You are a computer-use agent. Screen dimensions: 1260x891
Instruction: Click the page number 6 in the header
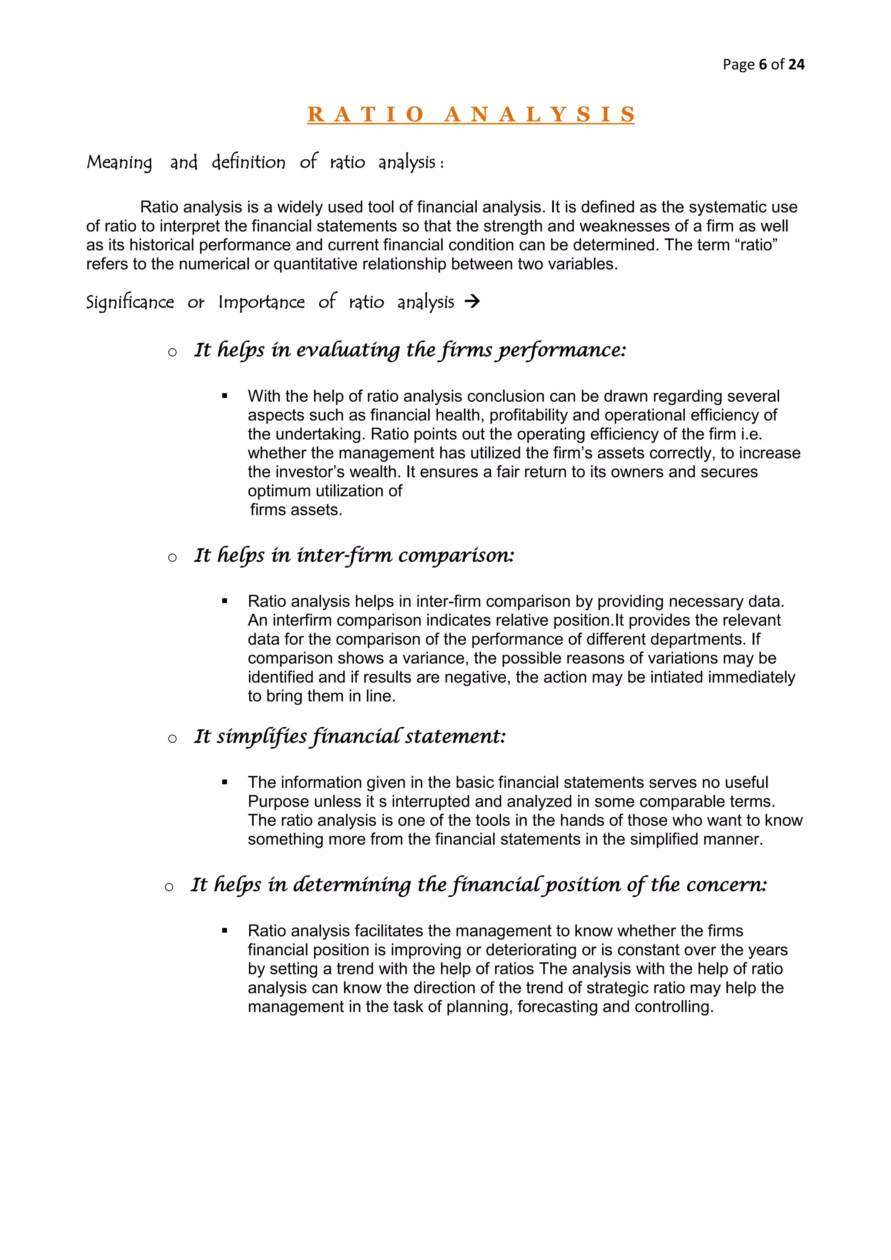click(x=763, y=65)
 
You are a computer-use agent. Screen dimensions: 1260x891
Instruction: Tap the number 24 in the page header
click(x=796, y=65)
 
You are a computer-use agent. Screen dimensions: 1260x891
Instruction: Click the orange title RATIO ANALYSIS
click(x=471, y=114)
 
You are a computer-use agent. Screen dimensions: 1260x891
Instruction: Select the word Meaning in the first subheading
click(x=119, y=162)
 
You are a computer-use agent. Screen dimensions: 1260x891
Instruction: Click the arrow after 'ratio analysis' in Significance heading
click(x=472, y=301)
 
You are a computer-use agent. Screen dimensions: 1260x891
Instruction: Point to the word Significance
click(x=130, y=302)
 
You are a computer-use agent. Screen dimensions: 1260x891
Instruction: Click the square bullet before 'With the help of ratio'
click(x=224, y=396)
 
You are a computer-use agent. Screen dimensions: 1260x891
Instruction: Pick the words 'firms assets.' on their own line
click(x=296, y=510)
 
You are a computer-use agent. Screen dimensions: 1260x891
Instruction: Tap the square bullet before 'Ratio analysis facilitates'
click(x=224, y=931)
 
